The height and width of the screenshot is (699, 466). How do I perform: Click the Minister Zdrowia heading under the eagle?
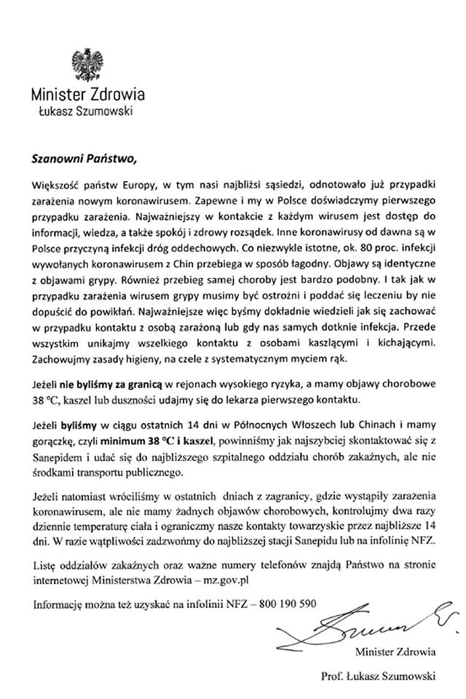[87, 95]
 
